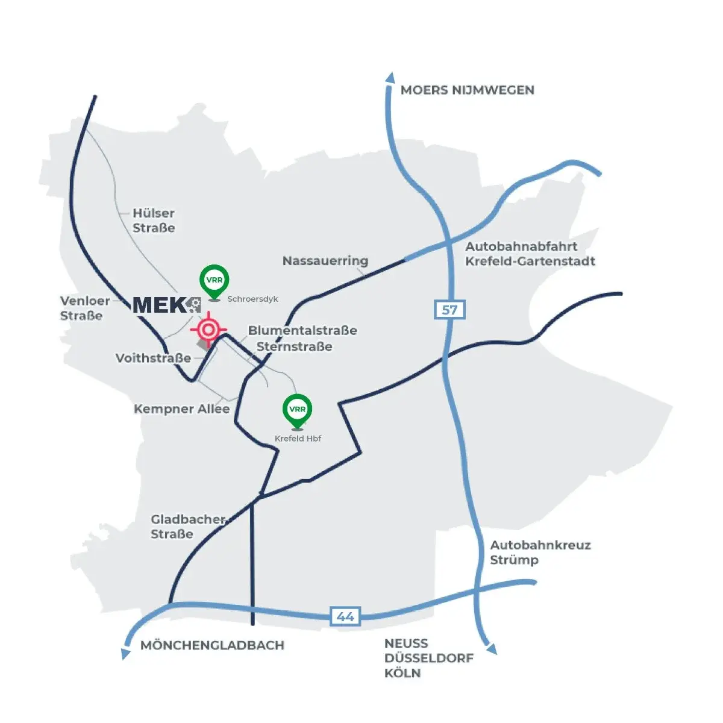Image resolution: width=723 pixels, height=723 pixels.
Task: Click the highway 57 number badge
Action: (x=449, y=310)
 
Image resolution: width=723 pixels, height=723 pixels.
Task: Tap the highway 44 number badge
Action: (x=345, y=616)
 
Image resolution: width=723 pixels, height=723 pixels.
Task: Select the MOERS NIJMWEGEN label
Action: (x=467, y=90)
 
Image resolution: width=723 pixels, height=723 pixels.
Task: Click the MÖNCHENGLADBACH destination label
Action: (x=212, y=645)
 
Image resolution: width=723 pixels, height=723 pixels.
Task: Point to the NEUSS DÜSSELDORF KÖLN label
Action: (x=428, y=658)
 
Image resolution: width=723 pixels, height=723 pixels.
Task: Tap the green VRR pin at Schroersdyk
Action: (x=214, y=281)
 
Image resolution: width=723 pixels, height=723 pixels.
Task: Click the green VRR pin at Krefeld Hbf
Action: (x=298, y=410)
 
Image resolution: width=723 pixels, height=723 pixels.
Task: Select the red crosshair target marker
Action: (x=208, y=330)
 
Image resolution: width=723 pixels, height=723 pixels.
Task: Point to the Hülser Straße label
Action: (x=154, y=221)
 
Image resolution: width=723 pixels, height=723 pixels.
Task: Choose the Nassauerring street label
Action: (x=325, y=261)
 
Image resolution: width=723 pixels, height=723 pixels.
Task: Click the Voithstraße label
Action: (x=153, y=358)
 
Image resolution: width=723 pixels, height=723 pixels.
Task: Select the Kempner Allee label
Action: (x=181, y=409)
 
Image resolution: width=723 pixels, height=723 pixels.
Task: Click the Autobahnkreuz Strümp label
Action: (x=540, y=552)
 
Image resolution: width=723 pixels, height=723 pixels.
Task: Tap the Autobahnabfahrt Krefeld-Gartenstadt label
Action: (x=530, y=254)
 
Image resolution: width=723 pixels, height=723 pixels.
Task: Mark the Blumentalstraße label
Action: (x=302, y=330)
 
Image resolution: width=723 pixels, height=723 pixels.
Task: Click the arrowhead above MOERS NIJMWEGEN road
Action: (x=390, y=78)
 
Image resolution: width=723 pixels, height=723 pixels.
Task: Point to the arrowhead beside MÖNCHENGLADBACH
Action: (x=125, y=653)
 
